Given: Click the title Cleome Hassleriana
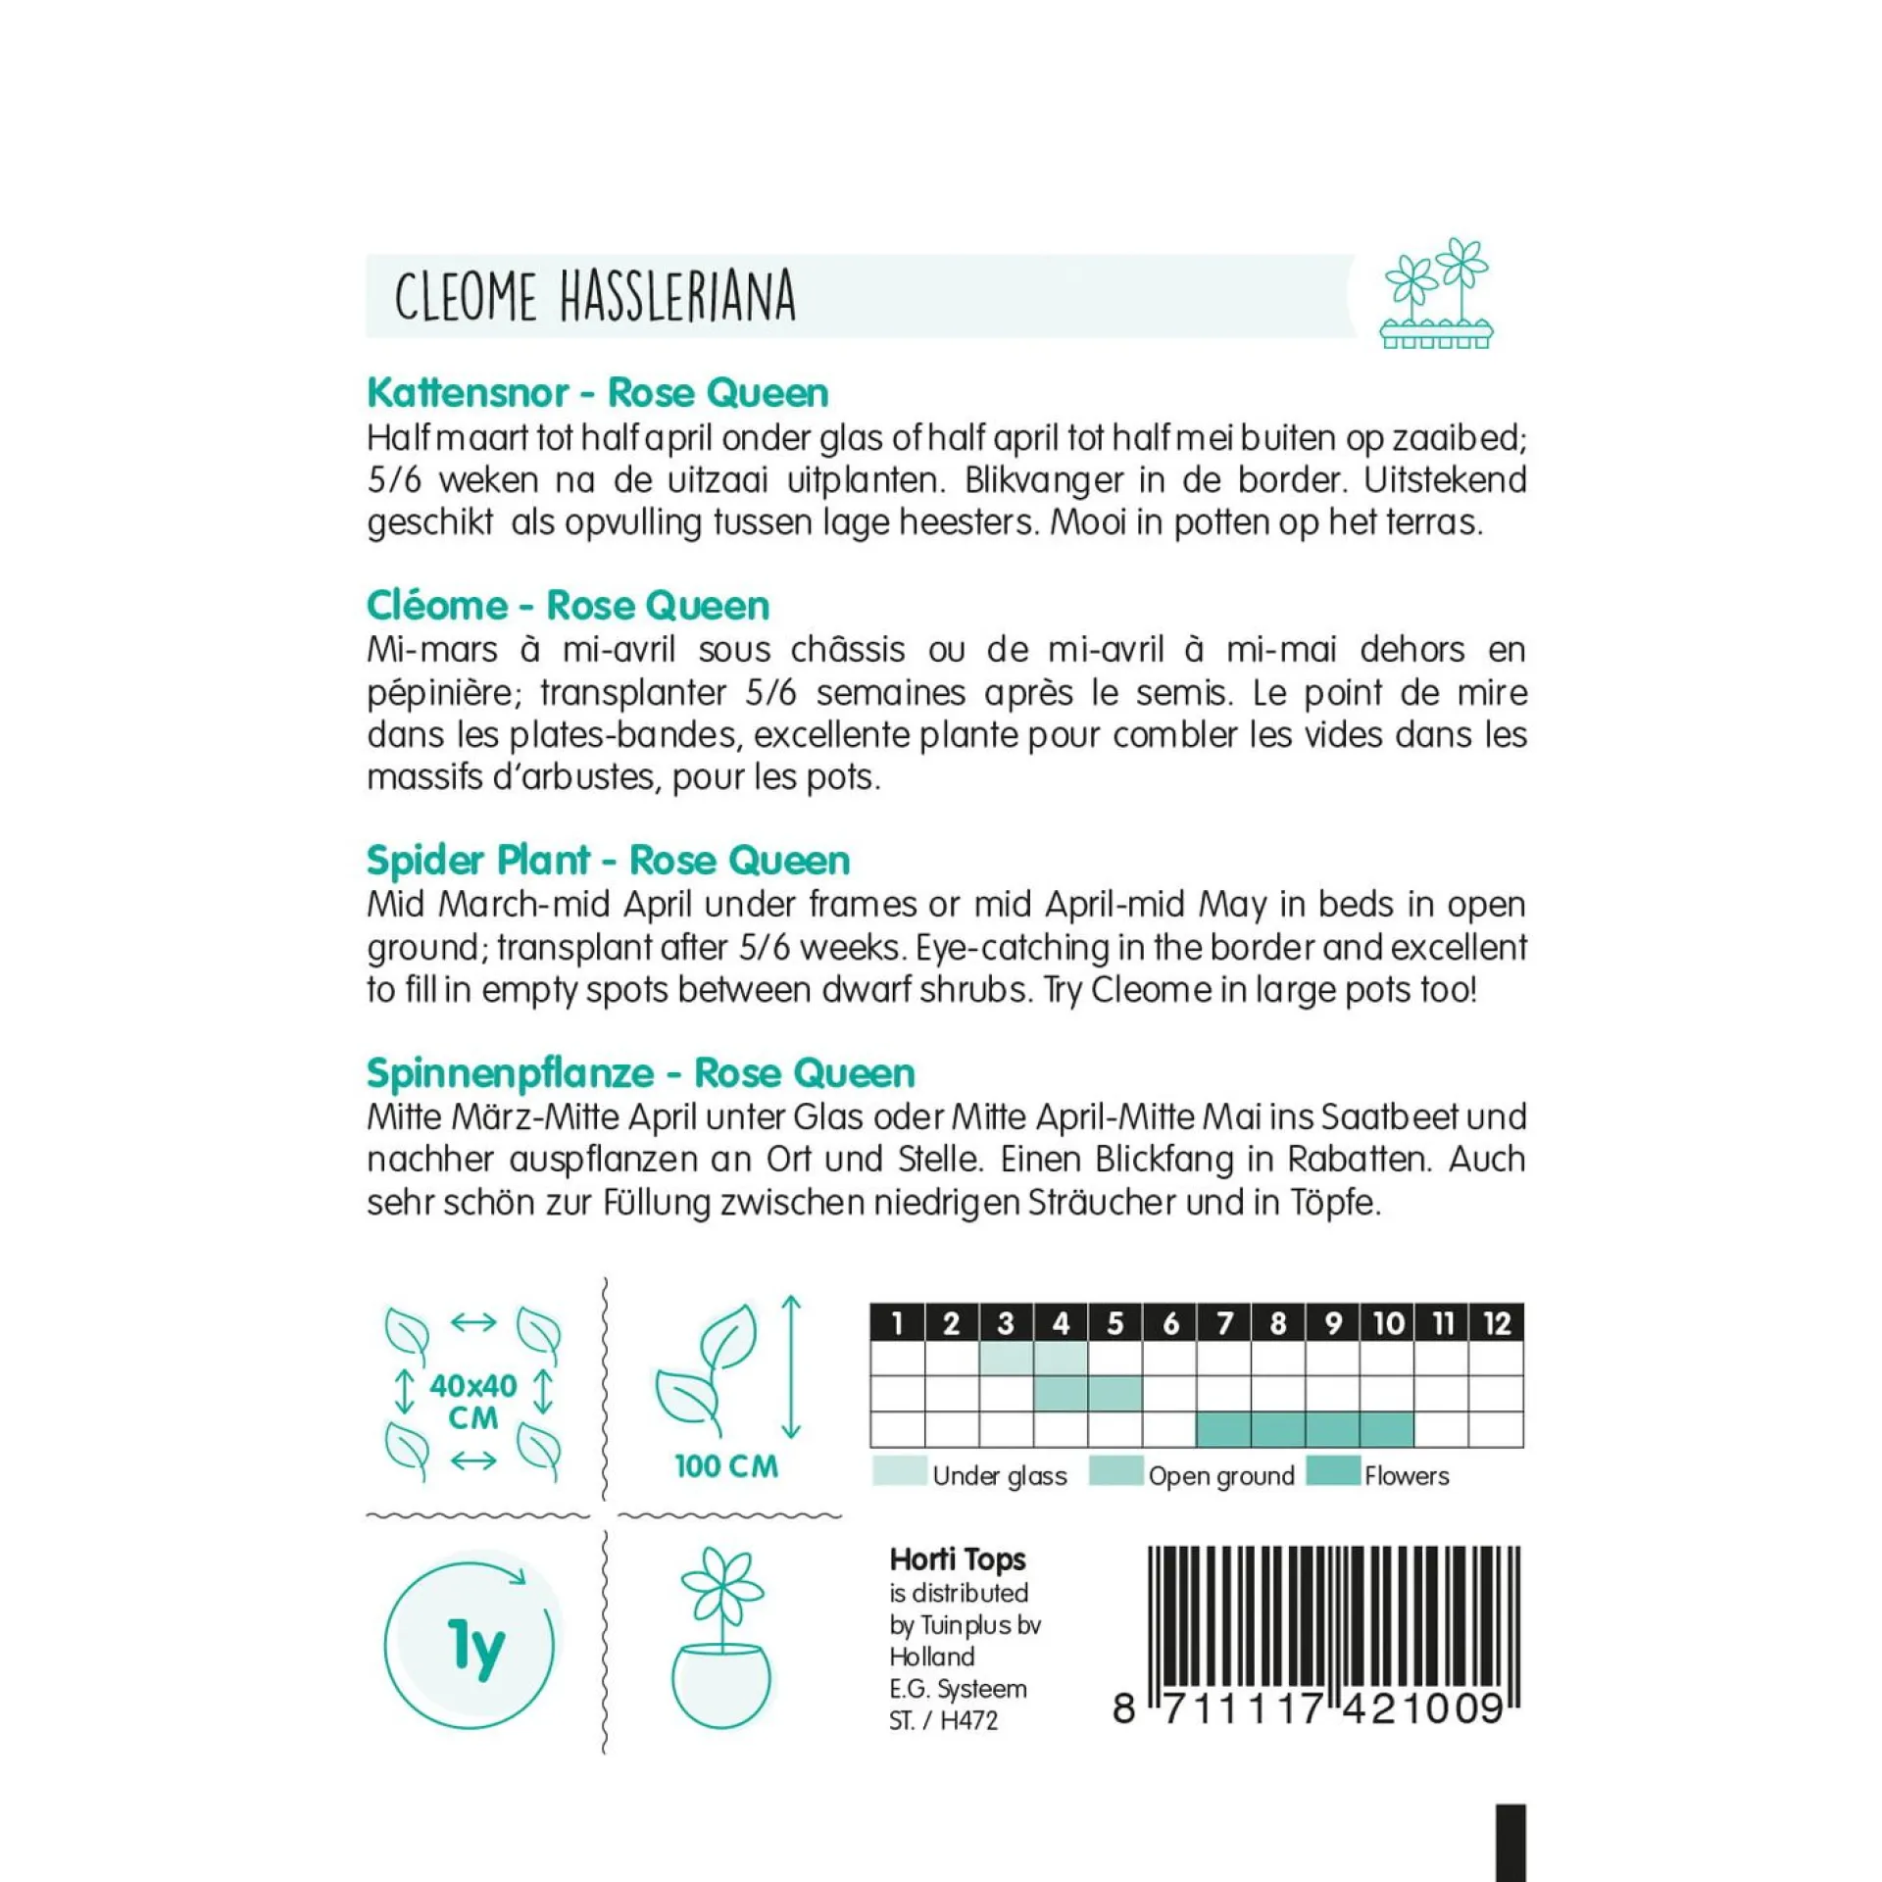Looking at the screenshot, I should pos(595,296).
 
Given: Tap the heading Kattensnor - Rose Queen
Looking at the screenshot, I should pos(597,393).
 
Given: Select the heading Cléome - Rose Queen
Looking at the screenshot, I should pos(568,606).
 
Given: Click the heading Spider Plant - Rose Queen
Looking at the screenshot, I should pos(608,861).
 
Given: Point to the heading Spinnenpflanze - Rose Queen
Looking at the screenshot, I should pos(640,1073).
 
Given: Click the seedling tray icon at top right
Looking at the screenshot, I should pos(1436,294).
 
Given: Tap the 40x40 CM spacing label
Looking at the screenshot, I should pos(472,1401).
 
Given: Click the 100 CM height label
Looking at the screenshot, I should pos(725,1466).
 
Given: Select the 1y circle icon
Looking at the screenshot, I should pos(470,1646).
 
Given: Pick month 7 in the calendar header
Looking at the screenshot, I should pos(1224,1324).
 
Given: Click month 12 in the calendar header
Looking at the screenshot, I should pos(1497,1324).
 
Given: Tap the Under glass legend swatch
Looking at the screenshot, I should pos(899,1471).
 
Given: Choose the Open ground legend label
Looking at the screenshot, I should pos(1221,1476).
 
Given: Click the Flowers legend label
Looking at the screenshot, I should pos(1407,1476).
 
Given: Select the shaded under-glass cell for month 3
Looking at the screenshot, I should pos(1006,1359).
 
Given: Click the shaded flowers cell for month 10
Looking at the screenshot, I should pos(1387,1429).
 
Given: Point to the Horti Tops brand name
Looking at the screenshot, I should pos(957,1560).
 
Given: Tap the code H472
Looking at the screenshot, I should pos(968,1720).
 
